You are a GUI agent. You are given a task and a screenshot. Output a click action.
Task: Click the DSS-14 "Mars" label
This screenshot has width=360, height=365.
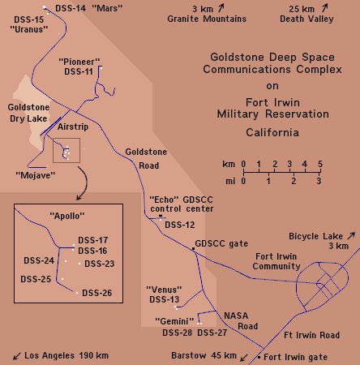(x=88, y=8)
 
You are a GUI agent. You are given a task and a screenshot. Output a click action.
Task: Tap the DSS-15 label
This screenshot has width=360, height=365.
(x=28, y=19)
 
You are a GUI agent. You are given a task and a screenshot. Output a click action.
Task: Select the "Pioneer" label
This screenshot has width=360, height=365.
(x=79, y=62)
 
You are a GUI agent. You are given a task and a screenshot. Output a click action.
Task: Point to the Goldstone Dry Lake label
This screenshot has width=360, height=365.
(x=28, y=113)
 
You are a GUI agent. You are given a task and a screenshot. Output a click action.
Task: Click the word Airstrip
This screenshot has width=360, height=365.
(x=73, y=127)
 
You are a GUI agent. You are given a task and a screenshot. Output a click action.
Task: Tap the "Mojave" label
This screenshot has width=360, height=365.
(x=36, y=175)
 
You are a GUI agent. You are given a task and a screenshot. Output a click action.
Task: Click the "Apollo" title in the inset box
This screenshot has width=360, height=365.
(x=66, y=216)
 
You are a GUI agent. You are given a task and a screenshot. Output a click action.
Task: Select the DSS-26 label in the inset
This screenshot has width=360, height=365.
(x=97, y=293)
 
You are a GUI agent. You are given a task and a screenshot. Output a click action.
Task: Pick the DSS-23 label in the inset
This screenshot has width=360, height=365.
(x=100, y=264)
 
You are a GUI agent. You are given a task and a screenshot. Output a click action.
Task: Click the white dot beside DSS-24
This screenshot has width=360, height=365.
(x=66, y=261)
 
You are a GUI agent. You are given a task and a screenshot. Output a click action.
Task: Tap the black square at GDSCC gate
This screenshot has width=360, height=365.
(x=193, y=248)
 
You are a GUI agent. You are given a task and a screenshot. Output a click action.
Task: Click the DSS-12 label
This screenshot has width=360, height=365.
(x=180, y=225)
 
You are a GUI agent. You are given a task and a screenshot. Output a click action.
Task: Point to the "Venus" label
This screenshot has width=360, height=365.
(x=164, y=290)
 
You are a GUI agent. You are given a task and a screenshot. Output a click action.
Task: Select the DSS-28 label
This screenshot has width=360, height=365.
(x=177, y=333)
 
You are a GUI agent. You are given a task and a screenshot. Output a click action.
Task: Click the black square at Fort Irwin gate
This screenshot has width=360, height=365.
(x=259, y=357)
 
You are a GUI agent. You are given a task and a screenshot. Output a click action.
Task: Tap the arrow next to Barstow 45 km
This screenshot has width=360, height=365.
(x=244, y=358)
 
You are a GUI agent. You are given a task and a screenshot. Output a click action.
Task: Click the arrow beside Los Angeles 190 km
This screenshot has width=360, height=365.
(x=17, y=356)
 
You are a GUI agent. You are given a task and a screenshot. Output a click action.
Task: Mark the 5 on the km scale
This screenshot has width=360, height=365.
(x=320, y=164)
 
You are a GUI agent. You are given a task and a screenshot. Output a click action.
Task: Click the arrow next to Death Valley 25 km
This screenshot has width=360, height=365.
(x=324, y=8)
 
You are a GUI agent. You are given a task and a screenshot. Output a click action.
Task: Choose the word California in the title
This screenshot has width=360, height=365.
(x=272, y=132)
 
